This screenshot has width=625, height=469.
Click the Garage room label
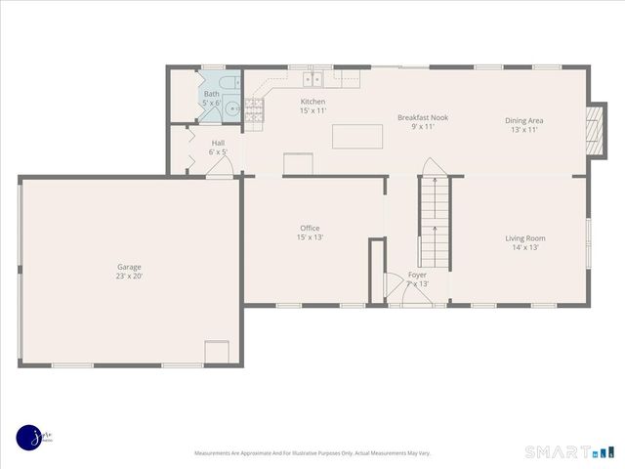click(x=129, y=267)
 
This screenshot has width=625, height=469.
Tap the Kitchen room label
click(x=312, y=102)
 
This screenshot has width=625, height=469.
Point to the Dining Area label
click(x=523, y=120)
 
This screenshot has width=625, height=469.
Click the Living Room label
click(x=524, y=237)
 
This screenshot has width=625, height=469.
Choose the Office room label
click(x=310, y=228)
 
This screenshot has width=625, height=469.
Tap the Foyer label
click(x=417, y=275)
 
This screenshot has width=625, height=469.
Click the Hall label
click(x=218, y=143)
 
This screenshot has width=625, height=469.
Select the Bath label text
click(x=211, y=94)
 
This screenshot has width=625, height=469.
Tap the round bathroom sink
click(x=231, y=109)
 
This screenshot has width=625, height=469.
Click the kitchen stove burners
click(x=256, y=111)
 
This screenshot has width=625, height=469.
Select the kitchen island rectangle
click(x=357, y=137)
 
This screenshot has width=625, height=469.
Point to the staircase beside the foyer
click(x=434, y=223)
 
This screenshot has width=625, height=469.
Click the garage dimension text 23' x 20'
click(x=129, y=276)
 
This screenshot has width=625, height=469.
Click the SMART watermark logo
click(x=570, y=452)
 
